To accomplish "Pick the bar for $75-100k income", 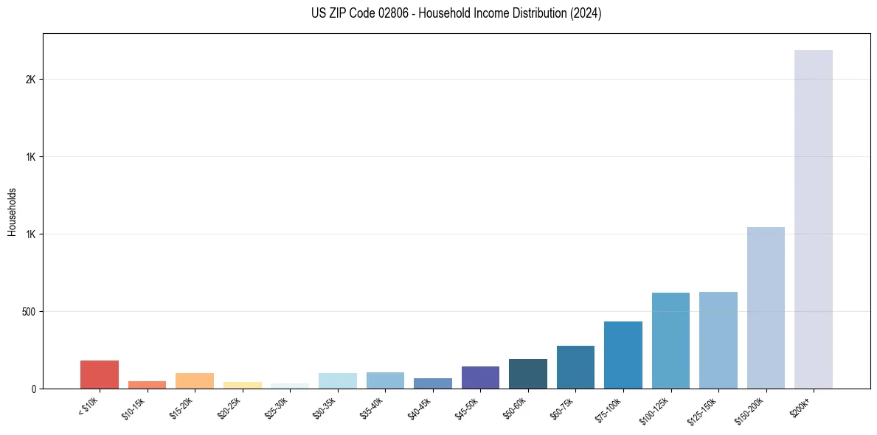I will (623, 355).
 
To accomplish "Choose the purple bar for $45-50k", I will (480, 377).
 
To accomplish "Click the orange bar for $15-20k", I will (195, 380).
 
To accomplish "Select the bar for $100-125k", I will (670, 341).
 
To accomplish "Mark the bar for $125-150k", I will (718, 340).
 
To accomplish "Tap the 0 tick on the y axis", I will (34, 389).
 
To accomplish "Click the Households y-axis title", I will (12, 212).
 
